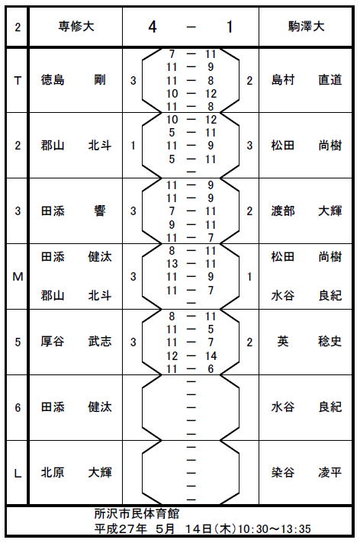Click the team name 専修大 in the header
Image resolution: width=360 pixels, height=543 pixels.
coord(76,27)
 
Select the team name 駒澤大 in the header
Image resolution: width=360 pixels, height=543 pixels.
coord(307,27)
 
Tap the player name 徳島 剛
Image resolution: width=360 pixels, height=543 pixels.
coord(73,80)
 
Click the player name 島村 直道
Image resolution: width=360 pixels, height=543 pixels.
coord(307,80)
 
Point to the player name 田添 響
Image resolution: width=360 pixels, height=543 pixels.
coord(73,211)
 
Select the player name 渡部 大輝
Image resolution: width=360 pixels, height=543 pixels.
coord(307,211)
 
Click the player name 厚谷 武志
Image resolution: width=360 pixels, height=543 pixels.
coord(76,342)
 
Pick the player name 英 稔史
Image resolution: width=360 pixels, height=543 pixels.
coord(310,342)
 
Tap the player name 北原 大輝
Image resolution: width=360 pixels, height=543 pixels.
coord(76,472)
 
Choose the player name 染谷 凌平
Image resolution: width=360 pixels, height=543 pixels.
coord(307,472)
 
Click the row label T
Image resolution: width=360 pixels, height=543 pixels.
coord(18,81)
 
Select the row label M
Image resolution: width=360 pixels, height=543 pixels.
coord(18,277)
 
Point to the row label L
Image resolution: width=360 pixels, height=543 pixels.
coord(18,474)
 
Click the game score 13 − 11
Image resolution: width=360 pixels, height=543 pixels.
coord(191,264)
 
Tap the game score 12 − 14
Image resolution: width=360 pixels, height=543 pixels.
coord(191,356)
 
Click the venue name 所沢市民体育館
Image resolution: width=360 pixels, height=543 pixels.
coord(137,513)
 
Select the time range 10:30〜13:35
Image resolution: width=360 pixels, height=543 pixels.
coord(275,529)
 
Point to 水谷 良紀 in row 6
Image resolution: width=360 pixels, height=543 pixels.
coord(307,407)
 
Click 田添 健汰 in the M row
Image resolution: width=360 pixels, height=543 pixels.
coord(76,257)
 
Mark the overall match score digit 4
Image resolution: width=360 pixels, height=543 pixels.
coord(153,27)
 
